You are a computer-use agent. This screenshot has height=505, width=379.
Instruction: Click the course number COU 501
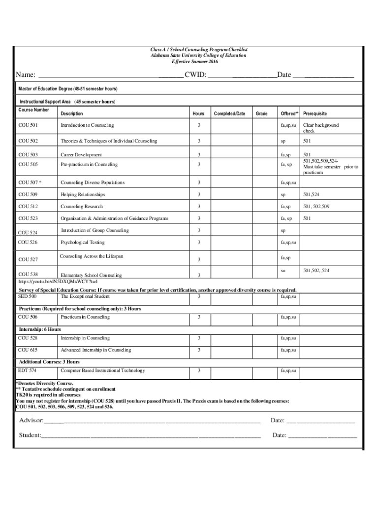click(x=28, y=126)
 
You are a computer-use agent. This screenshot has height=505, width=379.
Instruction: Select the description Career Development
click(x=81, y=155)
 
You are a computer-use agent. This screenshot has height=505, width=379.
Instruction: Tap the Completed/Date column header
click(x=229, y=114)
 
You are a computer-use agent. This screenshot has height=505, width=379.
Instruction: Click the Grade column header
click(x=262, y=114)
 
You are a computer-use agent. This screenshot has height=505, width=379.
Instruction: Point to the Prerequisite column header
click(x=315, y=114)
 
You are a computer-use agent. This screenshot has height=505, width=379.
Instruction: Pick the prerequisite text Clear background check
click(x=320, y=128)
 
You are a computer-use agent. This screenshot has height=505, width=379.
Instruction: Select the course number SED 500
click(x=28, y=296)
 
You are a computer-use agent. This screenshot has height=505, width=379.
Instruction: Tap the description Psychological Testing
click(x=82, y=243)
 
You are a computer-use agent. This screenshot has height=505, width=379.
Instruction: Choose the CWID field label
click(x=195, y=75)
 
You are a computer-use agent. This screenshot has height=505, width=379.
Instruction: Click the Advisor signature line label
click(x=31, y=421)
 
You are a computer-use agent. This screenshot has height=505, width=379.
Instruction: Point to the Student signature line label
click(x=30, y=435)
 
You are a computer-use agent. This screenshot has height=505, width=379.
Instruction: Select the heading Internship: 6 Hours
click(x=40, y=329)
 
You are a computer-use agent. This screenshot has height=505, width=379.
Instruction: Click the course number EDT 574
click(x=27, y=370)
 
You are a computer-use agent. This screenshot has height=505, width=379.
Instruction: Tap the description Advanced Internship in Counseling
click(x=95, y=350)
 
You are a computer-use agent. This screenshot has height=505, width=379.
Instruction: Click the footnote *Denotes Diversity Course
click(x=44, y=383)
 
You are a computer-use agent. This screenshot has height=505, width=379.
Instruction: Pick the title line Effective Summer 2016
click(x=194, y=62)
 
